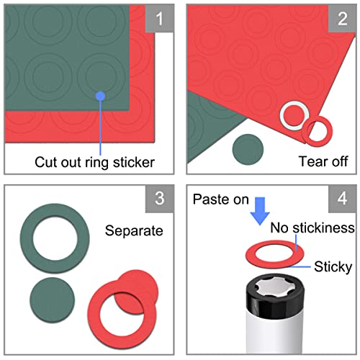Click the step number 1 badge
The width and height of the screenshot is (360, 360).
pyautogui.click(x=160, y=19)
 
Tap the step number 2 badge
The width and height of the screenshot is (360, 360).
pyautogui.click(x=342, y=19)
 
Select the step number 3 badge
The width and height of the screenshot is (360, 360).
pyautogui.click(x=160, y=199)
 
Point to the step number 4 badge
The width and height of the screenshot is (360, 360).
pyautogui.click(x=342, y=199)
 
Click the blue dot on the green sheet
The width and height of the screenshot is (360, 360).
pyautogui.click(x=100, y=96)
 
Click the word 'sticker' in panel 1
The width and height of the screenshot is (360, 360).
pyautogui.click(x=134, y=163)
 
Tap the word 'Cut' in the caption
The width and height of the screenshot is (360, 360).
pyautogui.click(x=46, y=163)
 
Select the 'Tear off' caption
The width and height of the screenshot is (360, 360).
pyautogui.click(x=323, y=161)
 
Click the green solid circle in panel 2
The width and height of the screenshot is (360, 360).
pyautogui.click(x=248, y=150)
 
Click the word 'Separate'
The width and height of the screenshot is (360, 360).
pyautogui.click(x=134, y=231)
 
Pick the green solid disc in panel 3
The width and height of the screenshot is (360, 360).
pyautogui.click(x=53, y=300)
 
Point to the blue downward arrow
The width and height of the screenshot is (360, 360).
pyautogui.click(x=260, y=211)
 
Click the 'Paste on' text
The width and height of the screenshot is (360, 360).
pyautogui.click(x=221, y=199)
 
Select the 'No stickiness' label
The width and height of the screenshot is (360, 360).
pyautogui.click(x=312, y=228)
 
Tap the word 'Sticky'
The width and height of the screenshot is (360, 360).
pyautogui.click(x=333, y=267)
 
